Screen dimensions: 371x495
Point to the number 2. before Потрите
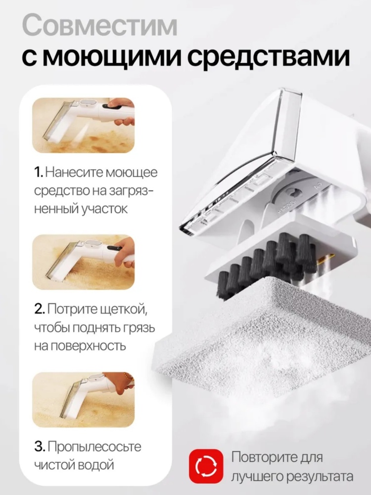coord(40,309)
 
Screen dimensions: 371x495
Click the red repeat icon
coord(206,466)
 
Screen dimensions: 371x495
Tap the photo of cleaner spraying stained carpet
coord(83,125)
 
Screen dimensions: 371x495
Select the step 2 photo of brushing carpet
coord(83,262)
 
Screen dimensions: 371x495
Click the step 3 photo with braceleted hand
coord(83,399)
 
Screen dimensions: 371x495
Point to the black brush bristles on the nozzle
coord(268,265)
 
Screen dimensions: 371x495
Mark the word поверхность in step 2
coord(80,346)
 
